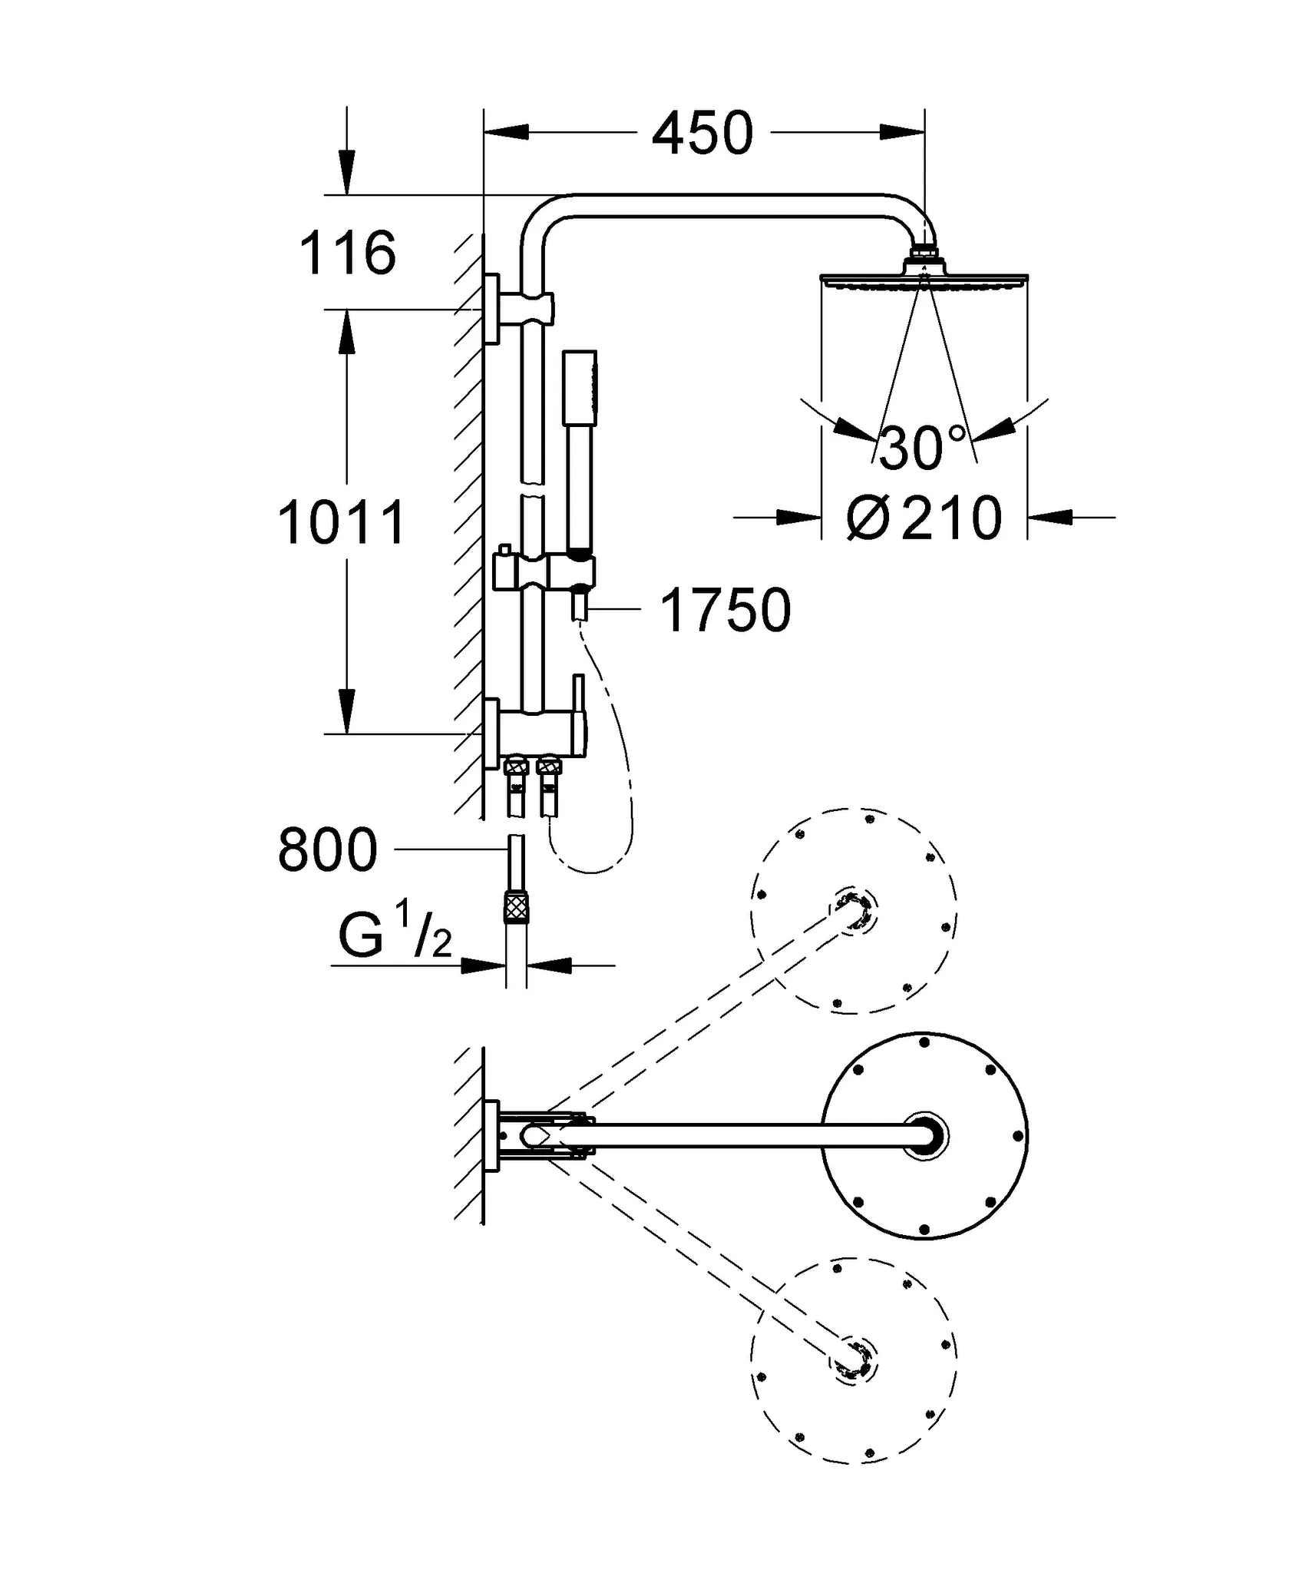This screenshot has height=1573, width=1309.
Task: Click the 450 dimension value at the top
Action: [x=702, y=134]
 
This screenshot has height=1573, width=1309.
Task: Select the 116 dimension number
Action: [x=347, y=253]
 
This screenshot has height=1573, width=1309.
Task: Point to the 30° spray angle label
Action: [x=921, y=449]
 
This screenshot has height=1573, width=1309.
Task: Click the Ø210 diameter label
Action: [x=924, y=519]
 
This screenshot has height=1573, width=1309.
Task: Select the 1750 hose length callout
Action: [x=726, y=611]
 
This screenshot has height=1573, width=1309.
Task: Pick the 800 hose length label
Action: [x=328, y=850]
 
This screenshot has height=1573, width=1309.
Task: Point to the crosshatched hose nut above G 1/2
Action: [x=516, y=907]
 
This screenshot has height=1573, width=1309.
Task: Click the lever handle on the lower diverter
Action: [x=580, y=699]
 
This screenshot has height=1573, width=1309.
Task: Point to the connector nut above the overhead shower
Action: [x=924, y=254]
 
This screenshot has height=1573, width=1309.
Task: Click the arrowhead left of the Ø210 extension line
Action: [x=798, y=518]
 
